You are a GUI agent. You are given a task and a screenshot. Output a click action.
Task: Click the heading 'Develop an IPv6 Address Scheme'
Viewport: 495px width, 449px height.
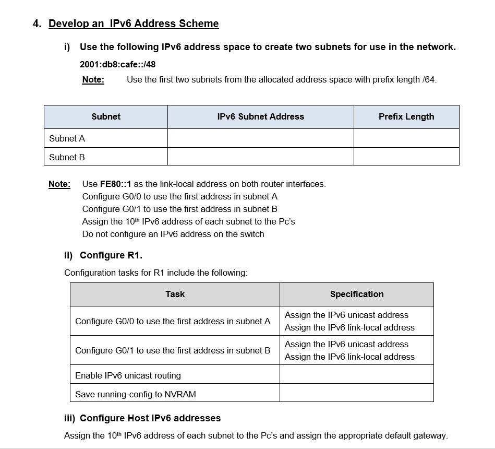coord(134,23)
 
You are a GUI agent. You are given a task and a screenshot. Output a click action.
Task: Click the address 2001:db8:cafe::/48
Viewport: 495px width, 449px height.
coord(117,64)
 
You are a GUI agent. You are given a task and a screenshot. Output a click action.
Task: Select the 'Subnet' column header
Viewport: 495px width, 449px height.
coord(106,117)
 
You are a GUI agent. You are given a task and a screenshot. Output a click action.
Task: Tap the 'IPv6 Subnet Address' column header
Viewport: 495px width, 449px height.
coord(260,117)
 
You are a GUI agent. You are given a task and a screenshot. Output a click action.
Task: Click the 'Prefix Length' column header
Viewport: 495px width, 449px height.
coord(406,117)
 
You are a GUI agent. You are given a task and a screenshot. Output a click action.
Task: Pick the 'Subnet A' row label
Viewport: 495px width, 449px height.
coord(67,138)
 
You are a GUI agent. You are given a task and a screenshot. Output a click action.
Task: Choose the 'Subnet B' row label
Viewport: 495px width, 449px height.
coord(67,157)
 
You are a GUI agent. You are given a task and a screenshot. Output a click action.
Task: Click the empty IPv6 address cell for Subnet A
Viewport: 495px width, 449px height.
coord(260,138)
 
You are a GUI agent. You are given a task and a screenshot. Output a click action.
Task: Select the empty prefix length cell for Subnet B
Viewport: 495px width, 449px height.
coord(406,157)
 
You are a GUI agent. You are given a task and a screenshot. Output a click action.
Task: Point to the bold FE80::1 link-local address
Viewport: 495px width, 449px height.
coord(116,184)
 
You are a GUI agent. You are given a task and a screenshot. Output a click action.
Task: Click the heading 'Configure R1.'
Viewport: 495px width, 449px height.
coord(111,255)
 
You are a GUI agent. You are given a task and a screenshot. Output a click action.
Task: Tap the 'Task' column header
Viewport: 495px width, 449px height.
coord(175,294)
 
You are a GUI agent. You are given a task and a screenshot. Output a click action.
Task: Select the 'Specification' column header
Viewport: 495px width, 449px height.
coord(356,294)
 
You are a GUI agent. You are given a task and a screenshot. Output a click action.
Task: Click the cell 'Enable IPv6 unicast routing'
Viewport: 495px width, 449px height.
coord(128,375)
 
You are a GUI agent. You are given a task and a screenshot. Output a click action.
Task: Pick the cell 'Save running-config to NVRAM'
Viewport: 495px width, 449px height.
coord(136,394)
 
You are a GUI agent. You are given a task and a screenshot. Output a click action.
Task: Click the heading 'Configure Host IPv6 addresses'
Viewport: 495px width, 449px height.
coord(150,418)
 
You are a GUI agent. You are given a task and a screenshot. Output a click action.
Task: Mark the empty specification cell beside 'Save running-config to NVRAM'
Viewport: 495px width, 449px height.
coord(356,393)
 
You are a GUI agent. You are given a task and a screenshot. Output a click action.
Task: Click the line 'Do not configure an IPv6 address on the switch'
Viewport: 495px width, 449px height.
coord(173,234)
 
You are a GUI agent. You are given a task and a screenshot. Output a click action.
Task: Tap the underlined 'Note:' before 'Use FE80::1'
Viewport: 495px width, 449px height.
coord(59,184)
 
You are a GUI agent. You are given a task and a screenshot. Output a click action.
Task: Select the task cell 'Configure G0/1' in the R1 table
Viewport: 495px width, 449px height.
coord(173,350)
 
